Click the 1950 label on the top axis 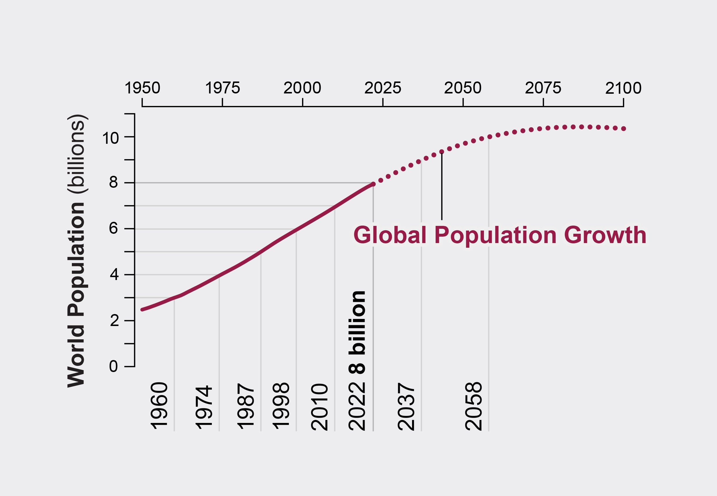point(142,88)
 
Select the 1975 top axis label point(222,88)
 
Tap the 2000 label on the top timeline point(302,88)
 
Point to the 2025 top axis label point(383,88)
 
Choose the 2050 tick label point(463,88)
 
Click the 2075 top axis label point(543,88)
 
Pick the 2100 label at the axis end point(623,88)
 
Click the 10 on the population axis point(110,138)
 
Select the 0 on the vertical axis point(113,367)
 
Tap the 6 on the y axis point(113,229)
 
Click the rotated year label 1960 point(159,406)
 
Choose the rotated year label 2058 point(473,406)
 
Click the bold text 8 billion point(357,332)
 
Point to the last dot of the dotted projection point(623,129)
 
